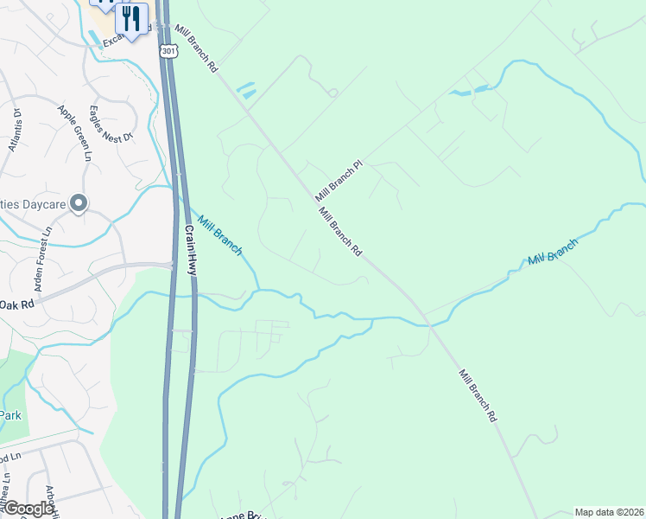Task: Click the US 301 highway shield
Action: [168, 51]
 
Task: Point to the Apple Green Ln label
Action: [75, 133]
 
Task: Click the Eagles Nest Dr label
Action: [111, 125]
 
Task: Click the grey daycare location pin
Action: [79, 204]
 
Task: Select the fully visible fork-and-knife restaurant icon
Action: [132, 19]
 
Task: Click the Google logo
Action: [28, 509]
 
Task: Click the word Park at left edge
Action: [10, 415]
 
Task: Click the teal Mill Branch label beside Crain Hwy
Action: [219, 234]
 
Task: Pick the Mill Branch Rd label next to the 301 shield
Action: [195, 48]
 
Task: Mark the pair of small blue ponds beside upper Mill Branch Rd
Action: [245, 90]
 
